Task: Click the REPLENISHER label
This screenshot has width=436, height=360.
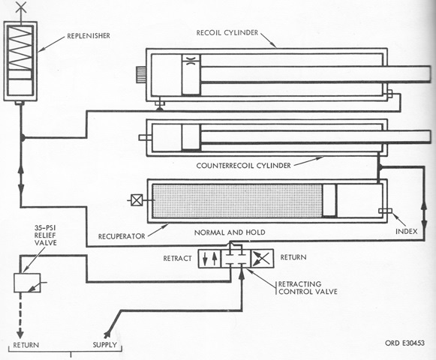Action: [89, 36]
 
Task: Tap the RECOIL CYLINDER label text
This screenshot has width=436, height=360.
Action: [227, 33]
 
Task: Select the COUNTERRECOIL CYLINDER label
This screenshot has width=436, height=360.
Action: [243, 166]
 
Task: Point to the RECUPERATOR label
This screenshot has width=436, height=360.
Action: [122, 236]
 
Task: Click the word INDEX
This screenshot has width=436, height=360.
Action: [407, 231]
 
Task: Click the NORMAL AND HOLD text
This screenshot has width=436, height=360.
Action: [230, 232]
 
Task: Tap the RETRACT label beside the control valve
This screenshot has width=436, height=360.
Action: [177, 259]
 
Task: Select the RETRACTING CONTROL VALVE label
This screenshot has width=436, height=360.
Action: [308, 288]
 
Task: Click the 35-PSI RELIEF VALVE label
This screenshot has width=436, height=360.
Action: [45, 235]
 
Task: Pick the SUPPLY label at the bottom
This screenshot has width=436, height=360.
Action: [104, 345]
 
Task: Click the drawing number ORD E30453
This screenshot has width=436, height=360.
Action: [404, 343]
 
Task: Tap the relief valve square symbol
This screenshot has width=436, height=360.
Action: [27, 283]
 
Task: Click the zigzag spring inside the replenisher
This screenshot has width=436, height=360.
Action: [20, 48]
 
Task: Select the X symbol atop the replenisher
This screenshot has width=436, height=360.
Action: [21, 7]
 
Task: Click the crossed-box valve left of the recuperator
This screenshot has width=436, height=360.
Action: [137, 200]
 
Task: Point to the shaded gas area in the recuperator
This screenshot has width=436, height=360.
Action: [237, 200]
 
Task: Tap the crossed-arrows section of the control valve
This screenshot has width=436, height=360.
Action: [262, 259]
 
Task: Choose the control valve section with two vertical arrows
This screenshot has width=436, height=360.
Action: [209, 259]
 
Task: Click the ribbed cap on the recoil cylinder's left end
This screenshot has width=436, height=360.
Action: [141, 74]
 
